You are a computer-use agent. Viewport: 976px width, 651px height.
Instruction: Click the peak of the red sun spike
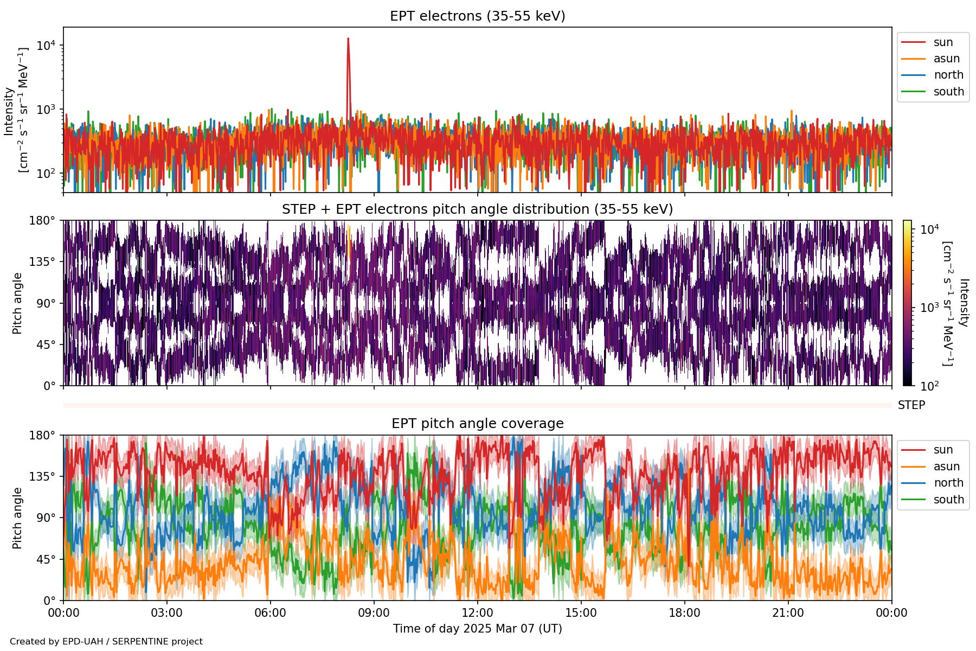[348, 39]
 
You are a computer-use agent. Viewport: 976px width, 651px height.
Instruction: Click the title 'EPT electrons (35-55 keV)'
[477, 16]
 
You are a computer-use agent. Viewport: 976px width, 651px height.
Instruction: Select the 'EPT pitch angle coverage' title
[477, 424]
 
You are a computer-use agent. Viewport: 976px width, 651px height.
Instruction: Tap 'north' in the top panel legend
[948, 75]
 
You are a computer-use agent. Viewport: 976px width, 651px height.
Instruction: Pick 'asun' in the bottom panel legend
[946, 467]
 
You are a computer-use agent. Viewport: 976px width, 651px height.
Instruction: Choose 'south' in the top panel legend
[948, 92]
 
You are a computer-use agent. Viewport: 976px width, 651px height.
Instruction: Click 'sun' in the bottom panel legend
[943, 450]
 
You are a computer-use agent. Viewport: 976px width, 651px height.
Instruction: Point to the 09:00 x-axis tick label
[374, 613]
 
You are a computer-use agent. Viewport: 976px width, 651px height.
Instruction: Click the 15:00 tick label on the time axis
[581, 613]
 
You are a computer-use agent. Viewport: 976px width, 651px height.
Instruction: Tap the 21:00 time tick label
[788, 613]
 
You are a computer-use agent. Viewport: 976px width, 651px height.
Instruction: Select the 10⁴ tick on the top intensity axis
[47, 46]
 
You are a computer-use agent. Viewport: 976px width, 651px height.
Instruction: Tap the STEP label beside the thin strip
[911, 405]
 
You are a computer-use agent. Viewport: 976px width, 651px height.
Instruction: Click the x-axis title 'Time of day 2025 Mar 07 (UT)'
[477, 629]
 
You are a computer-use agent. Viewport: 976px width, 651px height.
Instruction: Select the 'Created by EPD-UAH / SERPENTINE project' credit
[106, 642]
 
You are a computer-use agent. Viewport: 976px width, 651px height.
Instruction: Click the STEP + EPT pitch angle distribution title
[477, 209]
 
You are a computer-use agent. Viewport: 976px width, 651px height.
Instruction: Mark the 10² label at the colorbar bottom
[929, 386]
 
